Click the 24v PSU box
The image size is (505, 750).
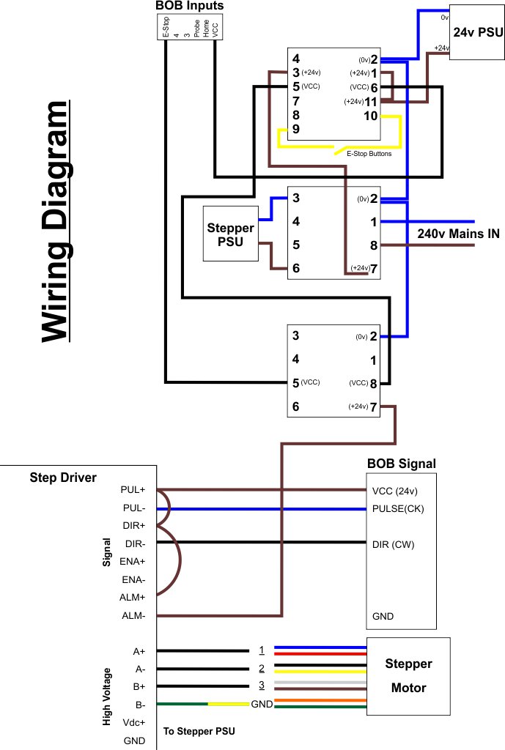(x=476, y=32)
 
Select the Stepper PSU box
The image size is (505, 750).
(x=231, y=234)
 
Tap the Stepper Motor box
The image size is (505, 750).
(x=408, y=676)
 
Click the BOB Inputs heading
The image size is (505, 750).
(x=190, y=6)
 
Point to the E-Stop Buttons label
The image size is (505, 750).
(x=369, y=154)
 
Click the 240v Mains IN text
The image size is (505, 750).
(x=458, y=234)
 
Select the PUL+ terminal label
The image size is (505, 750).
(x=133, y=490)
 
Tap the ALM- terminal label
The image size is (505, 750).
(x=133, y=615)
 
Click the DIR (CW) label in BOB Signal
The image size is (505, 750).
(x=393, y=544)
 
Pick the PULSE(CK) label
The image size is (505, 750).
(x=398, y=508)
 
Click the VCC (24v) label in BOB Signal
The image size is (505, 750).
(x=394, y=491)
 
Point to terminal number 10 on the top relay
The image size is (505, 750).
(x=370, y=116)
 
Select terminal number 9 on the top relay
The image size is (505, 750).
(x=296, y=129)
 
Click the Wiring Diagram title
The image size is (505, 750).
(x=56, y=221)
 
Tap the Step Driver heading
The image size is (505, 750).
(x=63, y=478)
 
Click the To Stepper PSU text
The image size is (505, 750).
(x=199, y=731)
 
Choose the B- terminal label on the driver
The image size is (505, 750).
(x=140, y=705)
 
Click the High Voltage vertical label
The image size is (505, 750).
(x=107, y=697)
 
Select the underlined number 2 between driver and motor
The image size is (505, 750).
(x=262, y=668)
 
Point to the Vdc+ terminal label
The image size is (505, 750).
(x=134, y=722)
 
